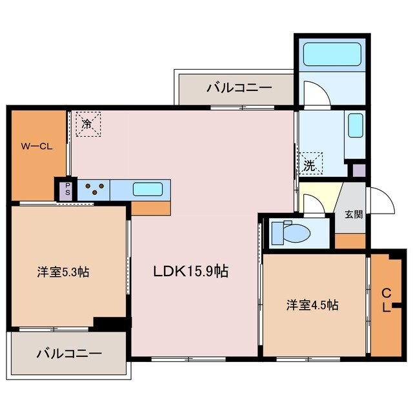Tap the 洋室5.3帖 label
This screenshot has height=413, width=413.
63,272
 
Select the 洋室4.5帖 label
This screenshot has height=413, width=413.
313,305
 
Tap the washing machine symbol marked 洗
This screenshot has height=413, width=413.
310,164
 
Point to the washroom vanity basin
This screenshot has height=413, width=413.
355,126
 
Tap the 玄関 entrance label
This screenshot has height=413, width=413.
353,214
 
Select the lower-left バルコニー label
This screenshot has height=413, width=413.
68,354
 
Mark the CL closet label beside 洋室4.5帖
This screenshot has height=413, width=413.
385,299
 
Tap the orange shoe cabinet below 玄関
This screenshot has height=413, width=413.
350,240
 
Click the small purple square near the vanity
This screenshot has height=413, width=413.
358,170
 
